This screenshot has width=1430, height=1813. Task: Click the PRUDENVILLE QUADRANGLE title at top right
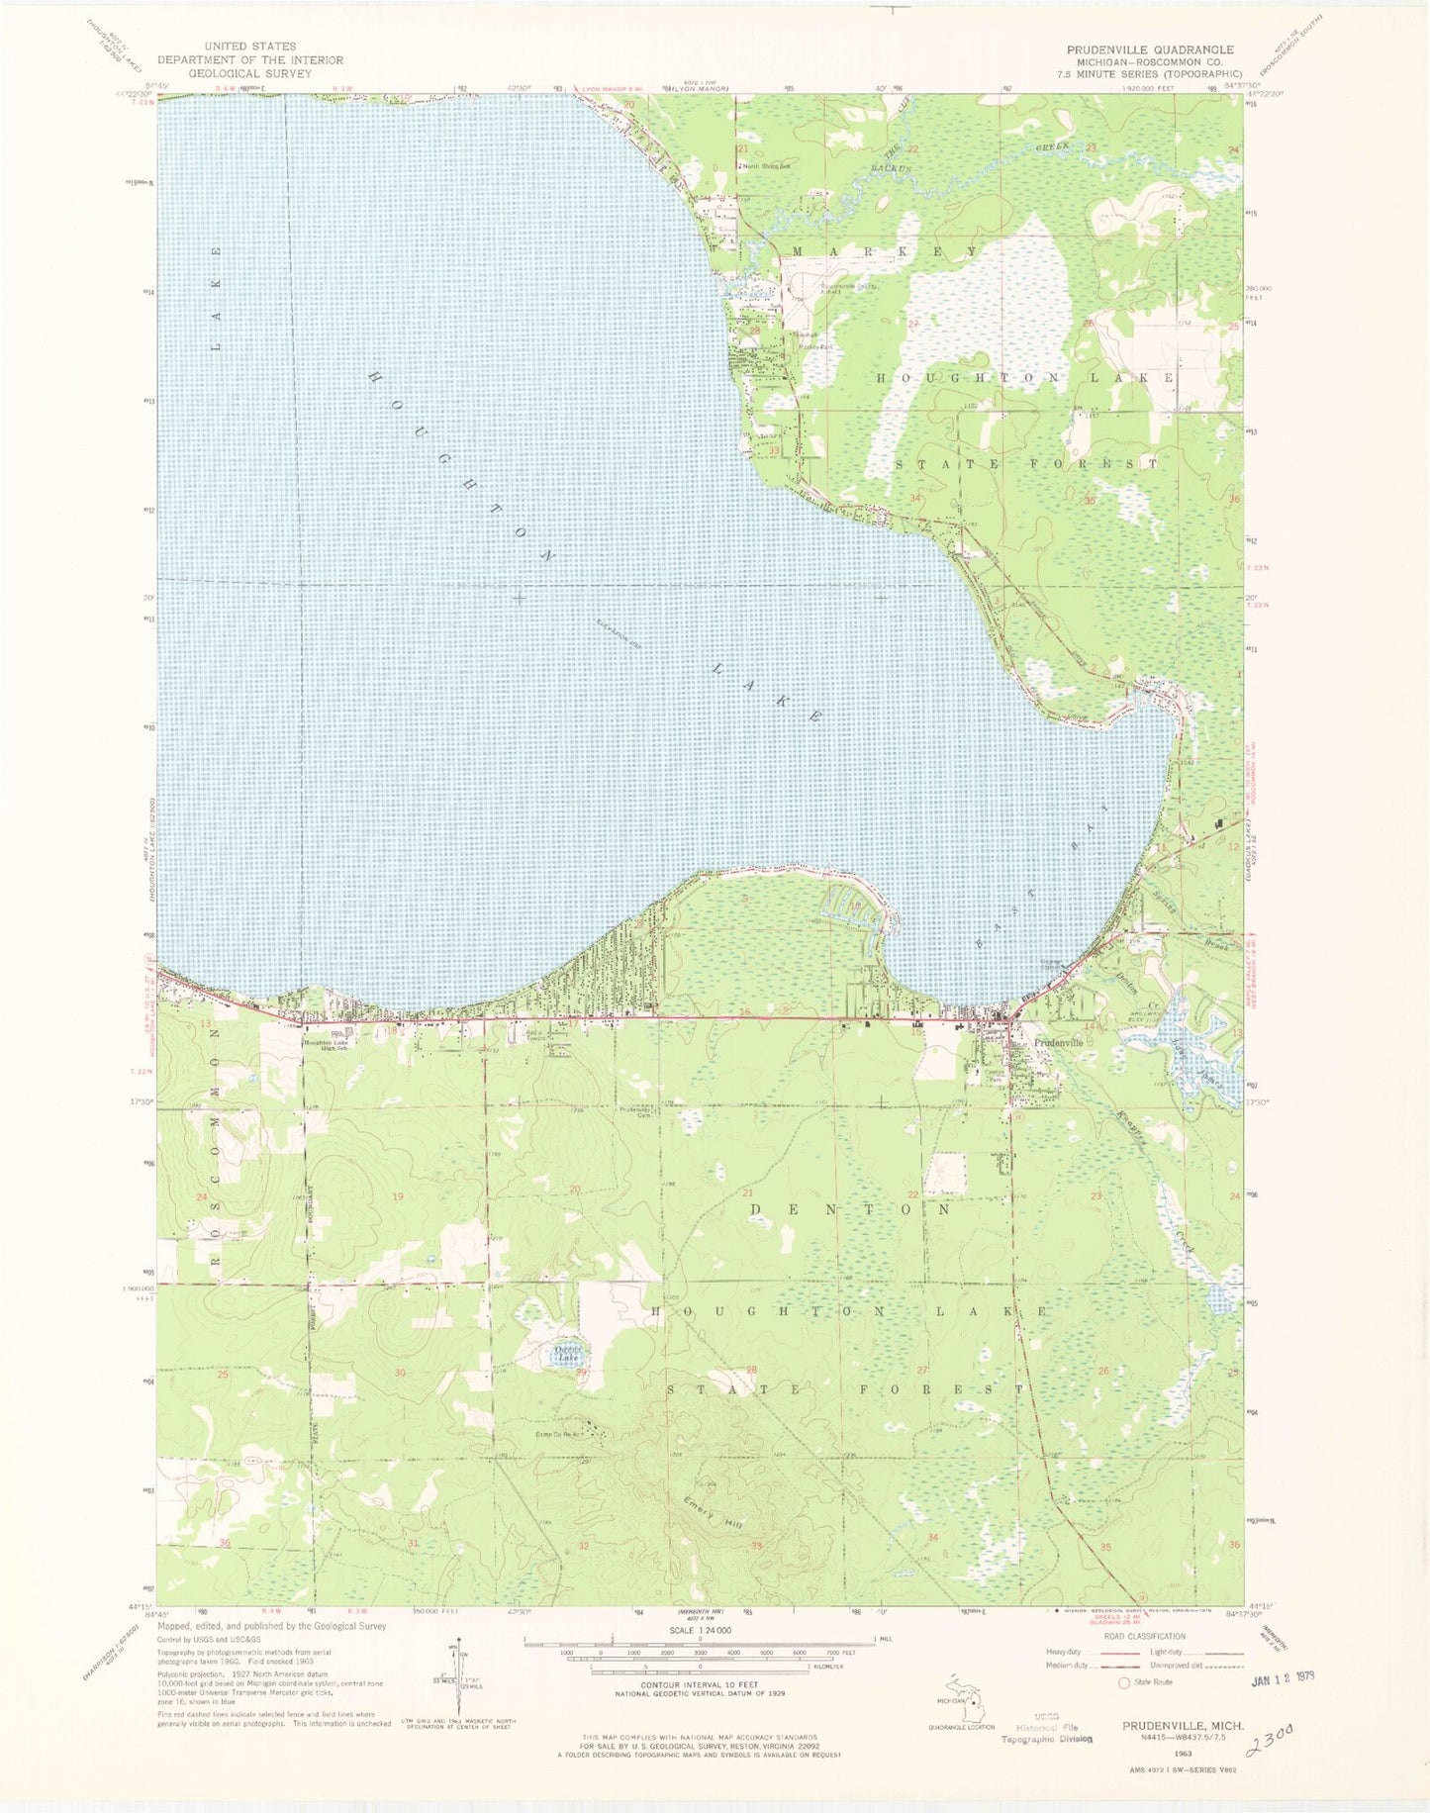(1149, 49)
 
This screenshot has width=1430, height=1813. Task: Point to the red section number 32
(584, 1546)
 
